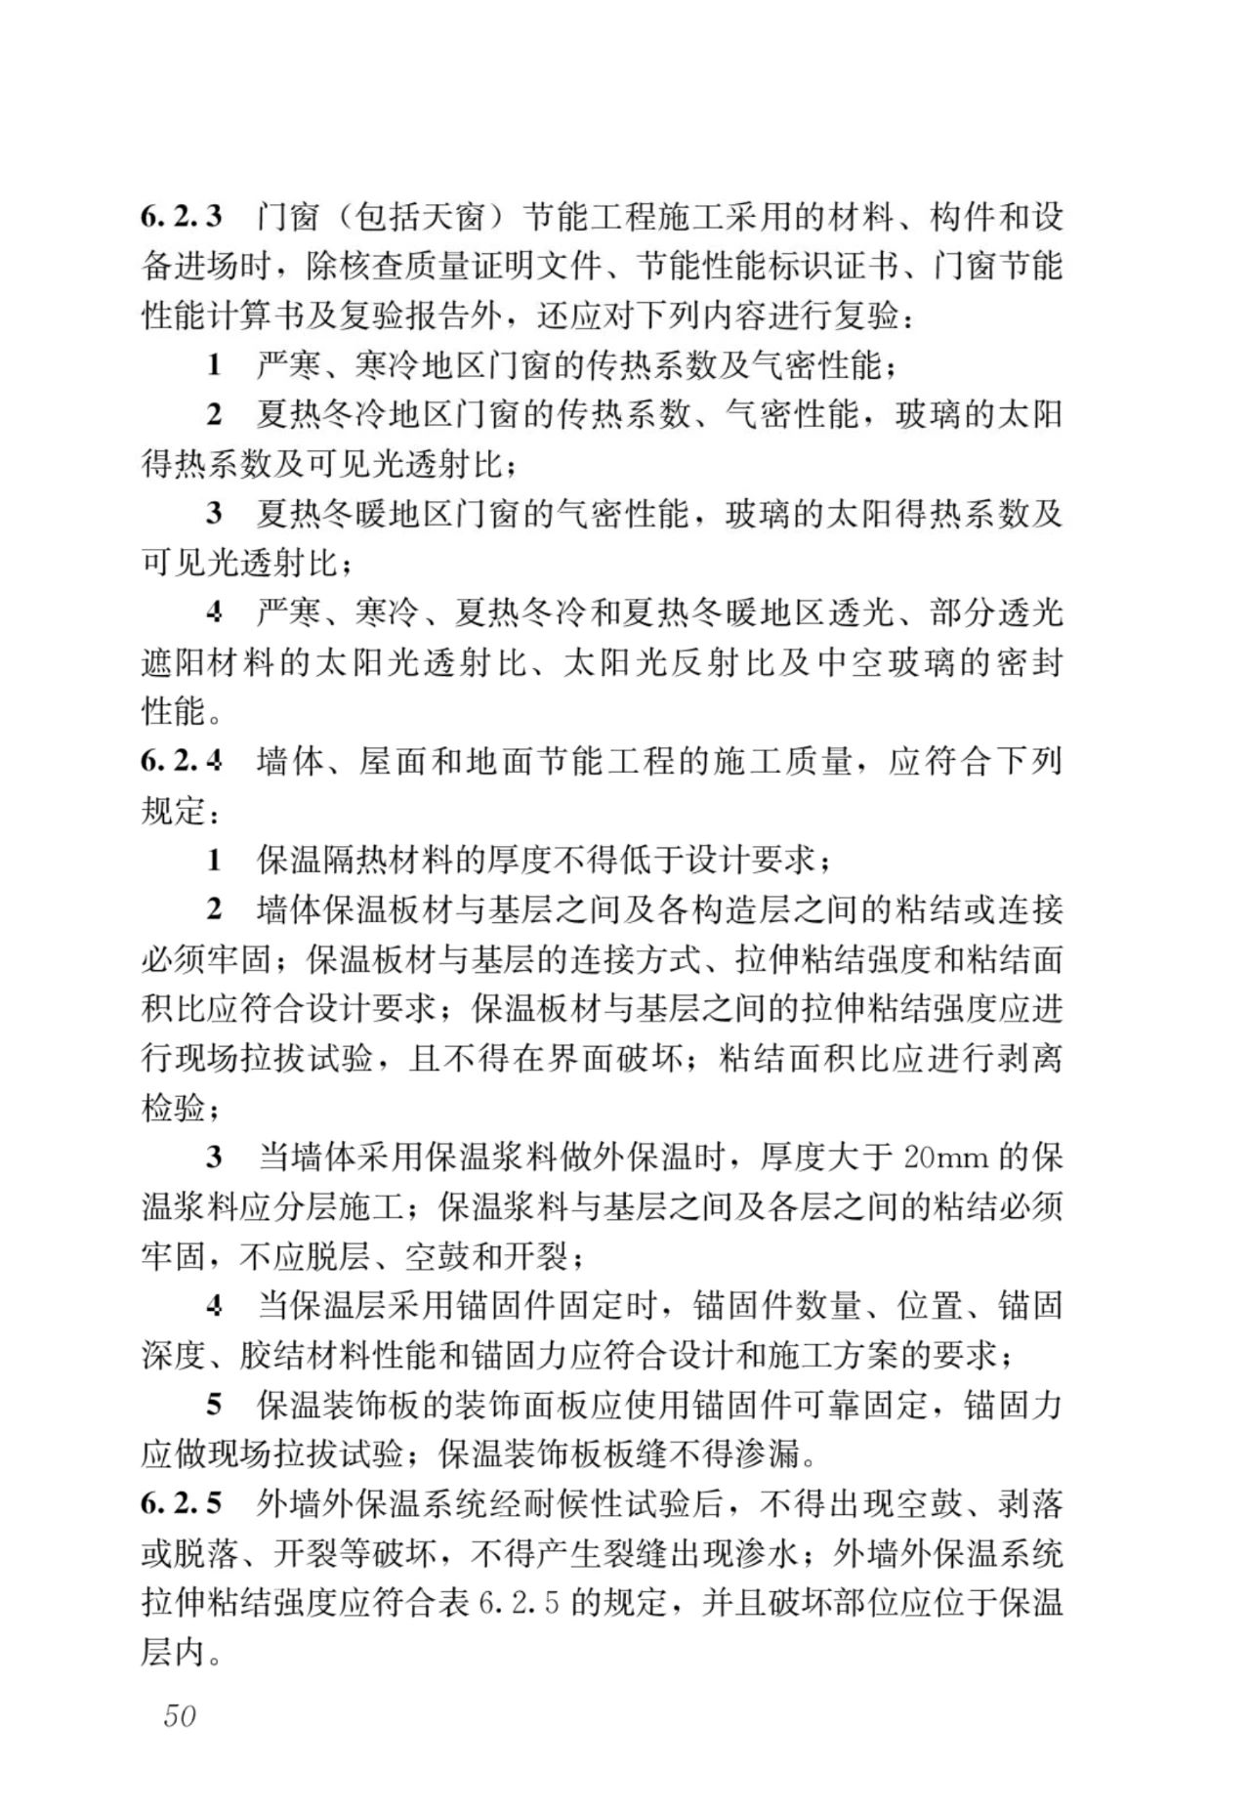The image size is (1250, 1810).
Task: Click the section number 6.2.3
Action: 182,216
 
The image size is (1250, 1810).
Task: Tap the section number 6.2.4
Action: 182,761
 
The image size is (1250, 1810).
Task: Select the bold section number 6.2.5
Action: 182,1503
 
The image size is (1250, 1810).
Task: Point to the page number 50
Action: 180,1714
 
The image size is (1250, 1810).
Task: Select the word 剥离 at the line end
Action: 1031,1058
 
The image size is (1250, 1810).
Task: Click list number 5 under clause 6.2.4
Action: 214,1406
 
